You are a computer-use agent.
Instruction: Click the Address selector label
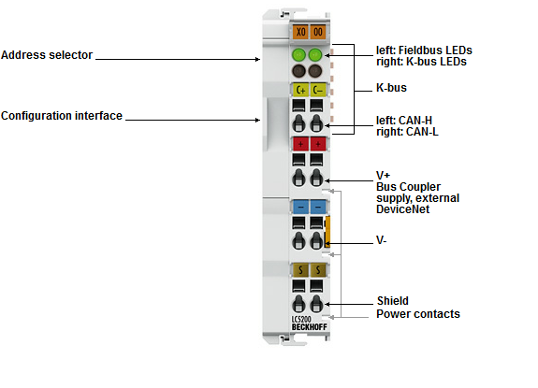click(x=47, y=55)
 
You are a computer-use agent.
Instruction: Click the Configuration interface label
click(x=62, y=116)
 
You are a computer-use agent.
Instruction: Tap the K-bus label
click(x=391, y=88)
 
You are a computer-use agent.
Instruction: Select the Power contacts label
click(x=418, y=314)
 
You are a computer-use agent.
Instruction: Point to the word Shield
click(x=393, y=301)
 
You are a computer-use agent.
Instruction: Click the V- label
click(x=382, y=240)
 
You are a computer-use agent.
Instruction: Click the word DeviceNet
click(x=403, y=209)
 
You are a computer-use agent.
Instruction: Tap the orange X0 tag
click(x=300, y=32)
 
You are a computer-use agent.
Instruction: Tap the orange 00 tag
click(x=318, y=32)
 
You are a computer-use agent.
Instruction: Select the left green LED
click(x=298, y=54)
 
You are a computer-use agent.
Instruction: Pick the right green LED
click(x=315, y=54)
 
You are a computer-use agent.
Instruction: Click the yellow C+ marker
click(x=300, y=90)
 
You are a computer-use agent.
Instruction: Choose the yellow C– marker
click(x=318, y=90)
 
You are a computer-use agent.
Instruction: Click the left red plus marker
click(x=300, y=144)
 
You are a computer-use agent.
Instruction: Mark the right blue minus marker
click(x=318, y=207)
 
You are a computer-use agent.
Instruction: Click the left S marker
click(x=300, y=270)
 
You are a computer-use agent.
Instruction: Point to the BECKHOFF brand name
click(x=310, y=327)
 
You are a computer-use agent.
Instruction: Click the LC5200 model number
click(x=301, y=320)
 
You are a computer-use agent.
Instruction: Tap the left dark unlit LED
click(x=298, y=71)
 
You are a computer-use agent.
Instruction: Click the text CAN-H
click(x=415, y=121)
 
